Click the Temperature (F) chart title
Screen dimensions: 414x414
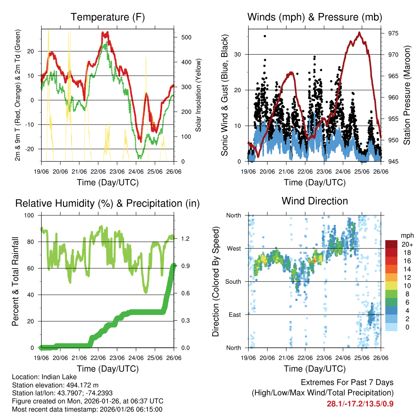pyautogui.click(x=108, y=17)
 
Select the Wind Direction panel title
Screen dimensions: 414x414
pyautogui.click(x=315, y=201)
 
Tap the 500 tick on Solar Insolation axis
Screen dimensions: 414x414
pyautogui.click(x=186, y=37)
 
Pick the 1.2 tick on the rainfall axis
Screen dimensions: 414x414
pyautogui.click(x=186, y=239)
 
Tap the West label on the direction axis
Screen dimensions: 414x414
pyautogui.click(x=234, y=249)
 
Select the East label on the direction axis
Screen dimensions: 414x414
pyautogui.click(x=234, y=315)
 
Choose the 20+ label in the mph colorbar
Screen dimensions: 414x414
pyautogui.click(x=406, y=244)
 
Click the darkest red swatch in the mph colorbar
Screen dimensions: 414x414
pyautogui.click(x=391, y=244)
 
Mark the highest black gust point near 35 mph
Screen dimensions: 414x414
pyautogui.click(x=265, y=36)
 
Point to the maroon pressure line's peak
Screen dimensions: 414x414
pyautogui.click(x=359, y=32)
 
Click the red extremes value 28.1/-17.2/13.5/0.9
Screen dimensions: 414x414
pyautogui.click(x=360, y=404)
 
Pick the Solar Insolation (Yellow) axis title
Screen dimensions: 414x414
pyautogui.click(x=199, y=95)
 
